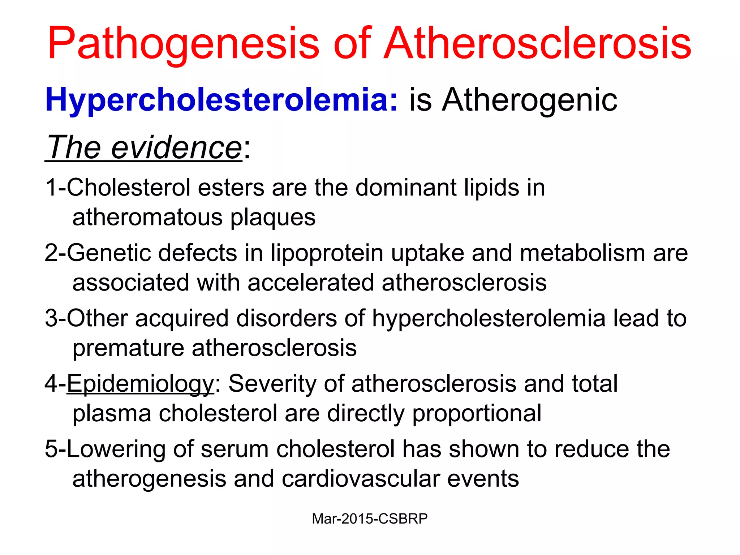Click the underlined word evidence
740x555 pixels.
(x=176, y=147)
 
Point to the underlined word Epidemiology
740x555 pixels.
(x=141, y=384)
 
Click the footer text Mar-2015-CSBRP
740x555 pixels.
(x=370, y=519)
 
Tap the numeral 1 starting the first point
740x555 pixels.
(x=51, y=188)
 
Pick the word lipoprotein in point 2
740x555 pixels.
(x=327, y=253)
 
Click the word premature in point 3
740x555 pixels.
(x=128, y=348)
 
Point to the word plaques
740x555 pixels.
(x=273, y=218)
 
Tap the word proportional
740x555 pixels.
(x=477, y=413)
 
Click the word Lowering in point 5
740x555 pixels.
(x=116, y=449)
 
